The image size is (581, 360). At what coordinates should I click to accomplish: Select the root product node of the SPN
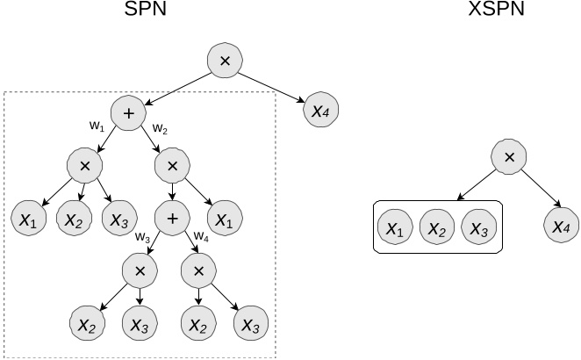(225, 61)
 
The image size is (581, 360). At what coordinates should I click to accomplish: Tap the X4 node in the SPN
(320, 112)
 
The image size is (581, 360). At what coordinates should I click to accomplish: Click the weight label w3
(141, 236)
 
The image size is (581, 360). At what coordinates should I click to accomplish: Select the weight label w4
(202, 236)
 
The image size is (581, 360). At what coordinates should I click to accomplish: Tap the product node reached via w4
(198, 269)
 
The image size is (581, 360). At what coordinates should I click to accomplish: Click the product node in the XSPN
(507, 158)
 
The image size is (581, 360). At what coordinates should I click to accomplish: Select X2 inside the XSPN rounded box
(438, 228)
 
